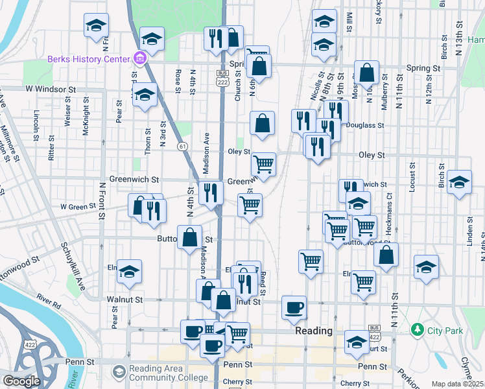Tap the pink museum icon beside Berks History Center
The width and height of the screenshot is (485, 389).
tap(139, 60)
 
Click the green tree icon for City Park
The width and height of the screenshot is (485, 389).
tap(418, 331)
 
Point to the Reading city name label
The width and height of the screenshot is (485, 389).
tap(314, 331)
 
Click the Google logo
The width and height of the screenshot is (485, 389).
tap(21, 381)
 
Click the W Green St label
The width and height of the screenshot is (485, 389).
tap(78, 207)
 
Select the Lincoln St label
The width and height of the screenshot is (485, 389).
tap(36, 119)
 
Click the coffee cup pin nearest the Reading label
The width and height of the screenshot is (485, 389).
tap(294, 306)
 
